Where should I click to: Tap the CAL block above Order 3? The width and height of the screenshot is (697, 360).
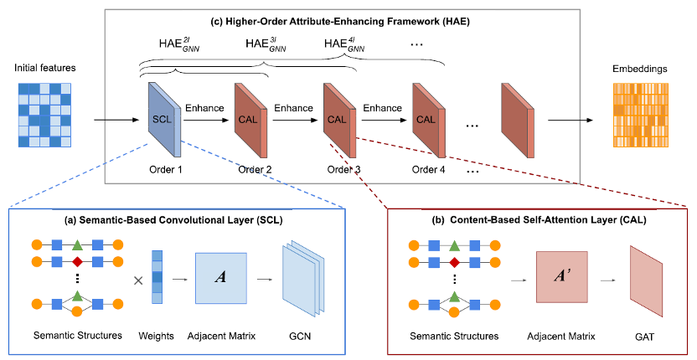[x=338, y=120]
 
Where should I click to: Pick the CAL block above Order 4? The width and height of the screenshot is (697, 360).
[x=426, y=120]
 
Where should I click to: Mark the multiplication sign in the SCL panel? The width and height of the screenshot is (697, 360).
[x=138, y=278]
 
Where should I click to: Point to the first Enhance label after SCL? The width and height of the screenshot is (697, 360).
[x=205, y=108]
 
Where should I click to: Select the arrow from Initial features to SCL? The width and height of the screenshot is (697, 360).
[x=117, y=121]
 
